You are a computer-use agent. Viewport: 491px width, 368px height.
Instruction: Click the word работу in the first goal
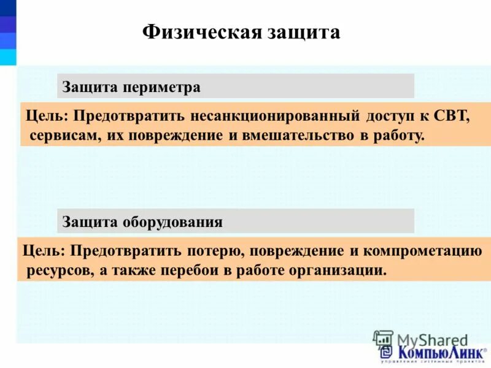tap(399, 135)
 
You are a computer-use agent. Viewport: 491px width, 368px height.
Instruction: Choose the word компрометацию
tap(423, 251)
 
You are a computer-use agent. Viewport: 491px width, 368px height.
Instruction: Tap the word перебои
tap(194, 270)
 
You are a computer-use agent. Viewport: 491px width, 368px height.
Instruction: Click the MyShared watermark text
tap(432, 339)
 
